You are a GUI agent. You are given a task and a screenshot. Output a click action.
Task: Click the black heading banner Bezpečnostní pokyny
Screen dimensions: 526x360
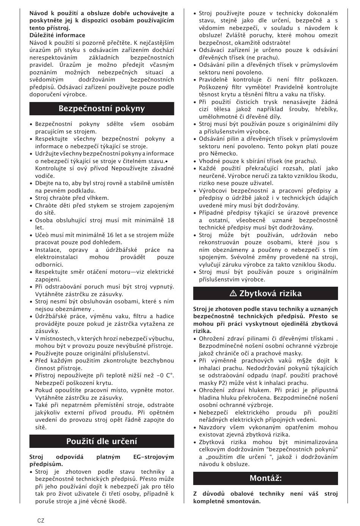(102, 109)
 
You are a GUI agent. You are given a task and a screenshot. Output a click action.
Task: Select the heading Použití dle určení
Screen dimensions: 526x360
(102, 441)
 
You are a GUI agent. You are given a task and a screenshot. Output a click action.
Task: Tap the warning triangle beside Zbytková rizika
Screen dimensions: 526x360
(233, 294)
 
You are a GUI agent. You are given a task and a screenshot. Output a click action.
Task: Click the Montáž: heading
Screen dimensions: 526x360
(266, 478)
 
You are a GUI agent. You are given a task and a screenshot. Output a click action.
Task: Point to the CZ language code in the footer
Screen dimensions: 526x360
(41, 520)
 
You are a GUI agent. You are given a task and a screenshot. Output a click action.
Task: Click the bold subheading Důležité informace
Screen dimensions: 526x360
(57, 35)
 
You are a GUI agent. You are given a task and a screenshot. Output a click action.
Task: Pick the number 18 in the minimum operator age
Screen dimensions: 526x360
(171, 220)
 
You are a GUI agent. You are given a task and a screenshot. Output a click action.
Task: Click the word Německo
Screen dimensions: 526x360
(224, 154)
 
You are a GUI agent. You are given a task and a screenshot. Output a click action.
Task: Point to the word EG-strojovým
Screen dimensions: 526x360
(154, 457)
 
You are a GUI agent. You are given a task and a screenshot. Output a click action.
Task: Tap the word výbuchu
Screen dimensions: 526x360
(163, 339)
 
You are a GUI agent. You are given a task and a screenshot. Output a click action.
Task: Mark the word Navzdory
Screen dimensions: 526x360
(212, 427)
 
